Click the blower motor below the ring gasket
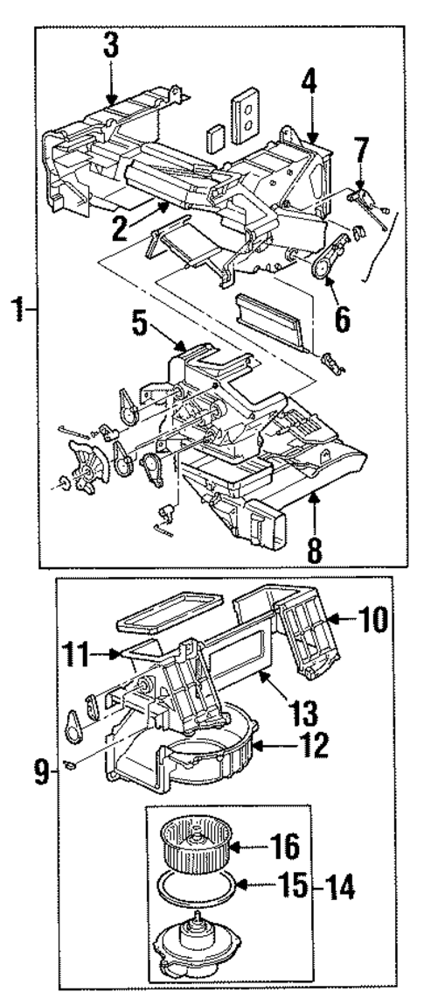tap(196, 941)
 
